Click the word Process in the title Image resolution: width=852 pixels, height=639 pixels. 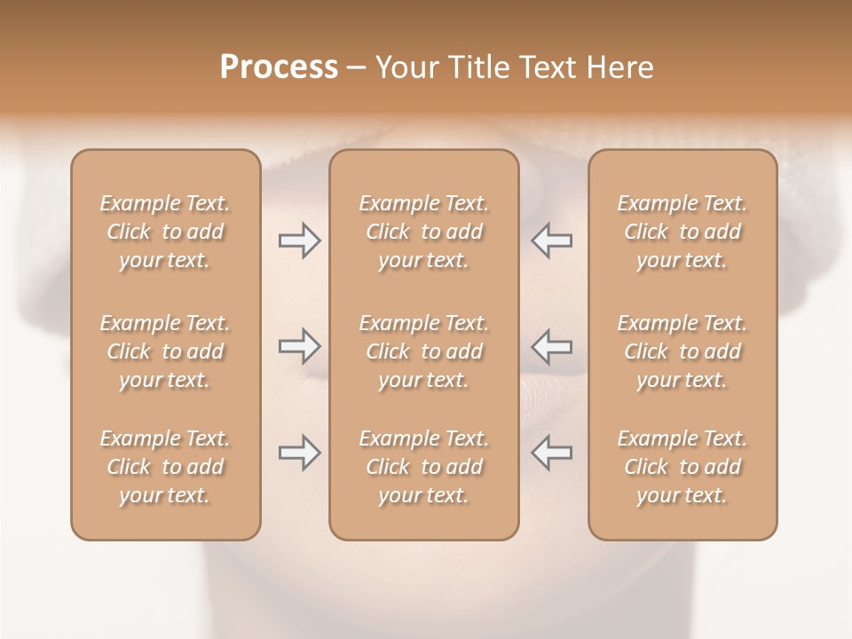pyautogui.click(x=279, y=67)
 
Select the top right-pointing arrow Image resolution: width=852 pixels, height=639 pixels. pyautogui.click(x=299, y=241)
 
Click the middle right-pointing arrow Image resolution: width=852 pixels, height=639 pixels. pyautogui.click(x=299, y=346)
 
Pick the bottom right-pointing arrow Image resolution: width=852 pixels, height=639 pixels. pyautogui.click(x=299, y=453)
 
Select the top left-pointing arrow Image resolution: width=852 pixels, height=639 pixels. pyautogui.click(x=552, y=241)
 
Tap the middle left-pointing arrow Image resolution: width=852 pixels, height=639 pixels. pyautogui.click(x=552, y=346)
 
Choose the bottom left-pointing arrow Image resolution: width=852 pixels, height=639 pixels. pyautogui.click(x=552, y=453)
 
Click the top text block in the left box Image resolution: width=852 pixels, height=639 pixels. pyautogui.click(x=165, y=232)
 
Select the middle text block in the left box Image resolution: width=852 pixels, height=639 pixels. pyautogui.click(x=165, y=351)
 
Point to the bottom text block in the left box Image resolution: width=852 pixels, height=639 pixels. pyautogui.click(x=165, y=467)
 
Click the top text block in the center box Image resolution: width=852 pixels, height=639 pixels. pyautogui.click(x=423, y=232)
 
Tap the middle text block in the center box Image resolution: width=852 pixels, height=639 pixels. pyautogui.click(x=423, y=351)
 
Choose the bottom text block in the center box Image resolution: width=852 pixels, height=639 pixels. pyautogui.click(x=423, y=467)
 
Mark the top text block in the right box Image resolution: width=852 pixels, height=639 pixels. pyautogui.click(x=682, y=232)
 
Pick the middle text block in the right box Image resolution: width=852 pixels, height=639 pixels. pyautogui.click(x=682, y=351)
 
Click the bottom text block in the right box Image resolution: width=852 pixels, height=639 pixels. pyautogui.click(x=682, y=467)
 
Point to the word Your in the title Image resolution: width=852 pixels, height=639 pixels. pyautogui.click(x=405, y=67)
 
